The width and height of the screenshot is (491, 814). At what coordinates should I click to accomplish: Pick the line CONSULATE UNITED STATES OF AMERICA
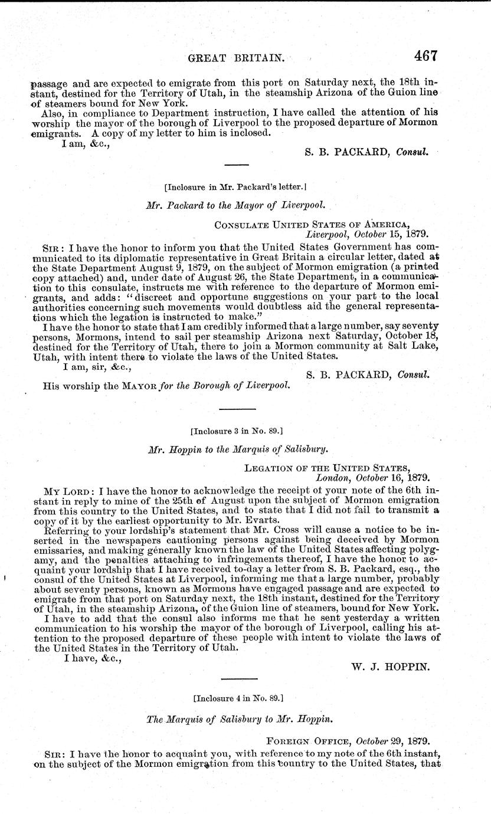(320, 224)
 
